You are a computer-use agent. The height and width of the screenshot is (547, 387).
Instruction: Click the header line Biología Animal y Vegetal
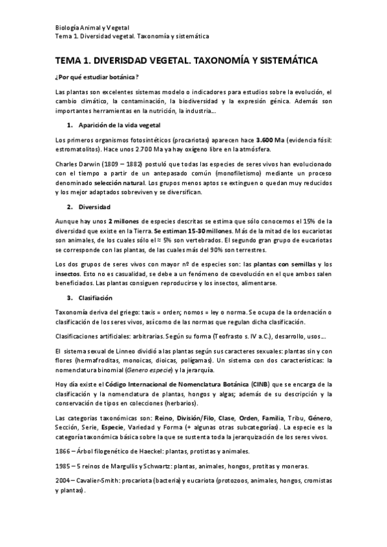point(93,28)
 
